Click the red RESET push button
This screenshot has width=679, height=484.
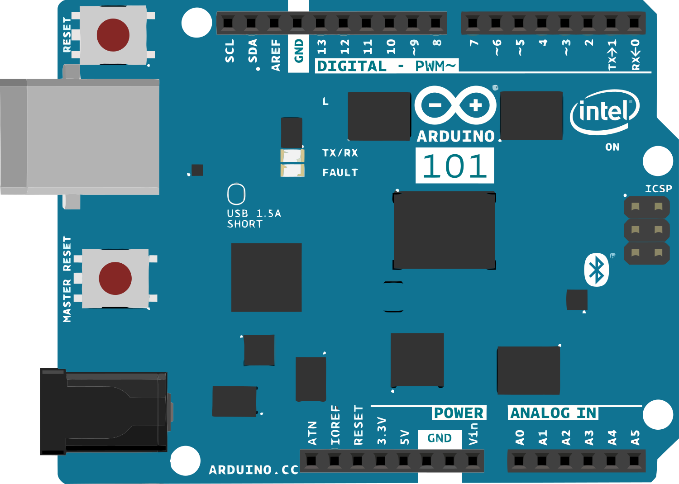[113, 35]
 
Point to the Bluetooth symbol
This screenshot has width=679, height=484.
[597, 270]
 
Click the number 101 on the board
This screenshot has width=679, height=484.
[454, 166]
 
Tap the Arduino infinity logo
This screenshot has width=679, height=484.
[455, 105]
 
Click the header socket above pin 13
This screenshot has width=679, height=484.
[320, 23]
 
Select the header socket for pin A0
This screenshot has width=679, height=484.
[519, 461]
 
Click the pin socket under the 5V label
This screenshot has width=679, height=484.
[403, 461]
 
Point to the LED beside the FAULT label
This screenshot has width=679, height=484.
[292, 171]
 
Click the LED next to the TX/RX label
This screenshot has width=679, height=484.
[292, 156]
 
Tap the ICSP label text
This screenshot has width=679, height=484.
[658, 189]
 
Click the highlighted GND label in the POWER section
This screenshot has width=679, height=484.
[439, 438]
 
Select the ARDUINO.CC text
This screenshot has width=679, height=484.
[253, 470]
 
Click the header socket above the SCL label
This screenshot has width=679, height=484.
[228, 23]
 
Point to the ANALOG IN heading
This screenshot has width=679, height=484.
[553, 413]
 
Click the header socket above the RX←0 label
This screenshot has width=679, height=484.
[634, 23]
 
